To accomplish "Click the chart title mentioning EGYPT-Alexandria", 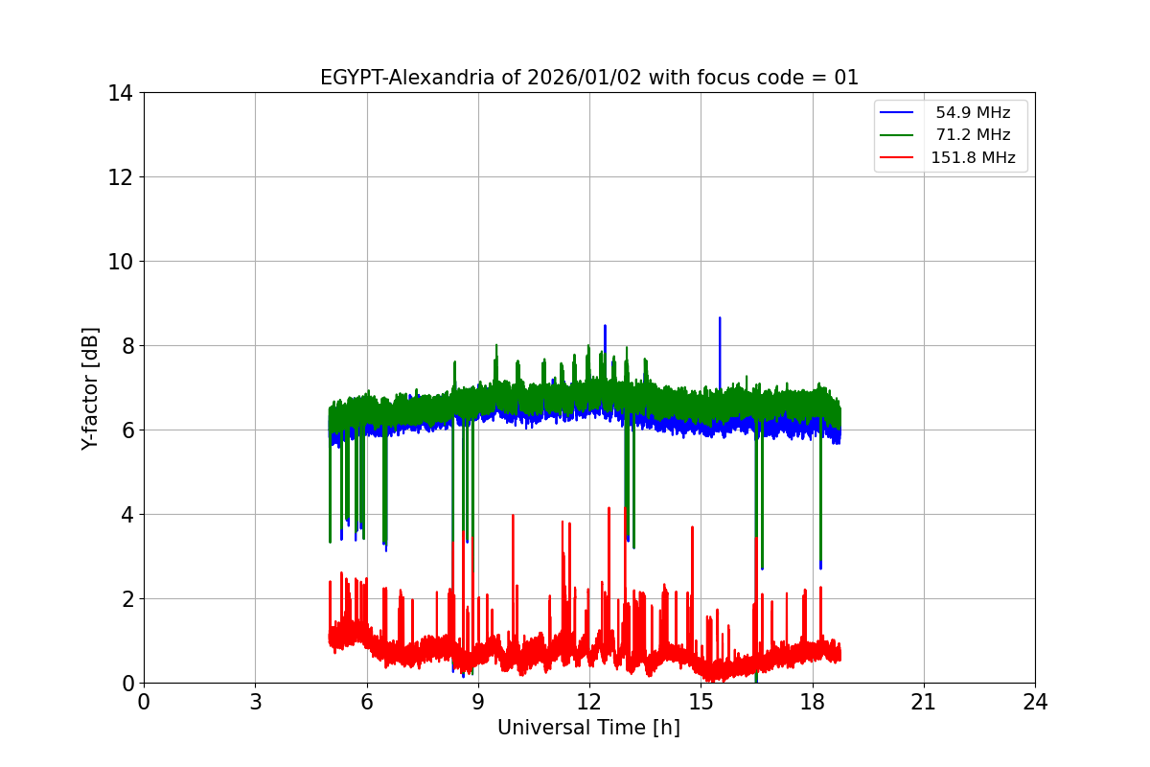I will tap(588, 78).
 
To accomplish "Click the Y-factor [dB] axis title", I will tap(90, 388).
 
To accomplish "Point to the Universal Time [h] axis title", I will tap(588, 728).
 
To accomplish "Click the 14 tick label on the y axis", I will tap(120, 93).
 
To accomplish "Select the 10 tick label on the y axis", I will tap(120, 262).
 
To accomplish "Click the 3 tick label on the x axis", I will tap(255, 702).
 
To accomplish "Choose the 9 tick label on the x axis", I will tap(478, 702).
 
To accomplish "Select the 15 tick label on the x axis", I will tap(701, 702).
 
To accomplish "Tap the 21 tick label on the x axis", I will tap(924, 702).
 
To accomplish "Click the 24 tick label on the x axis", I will tap(1035, 702).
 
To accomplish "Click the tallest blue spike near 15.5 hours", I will tap(720, 318).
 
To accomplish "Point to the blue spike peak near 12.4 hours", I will tap(605, 326).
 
